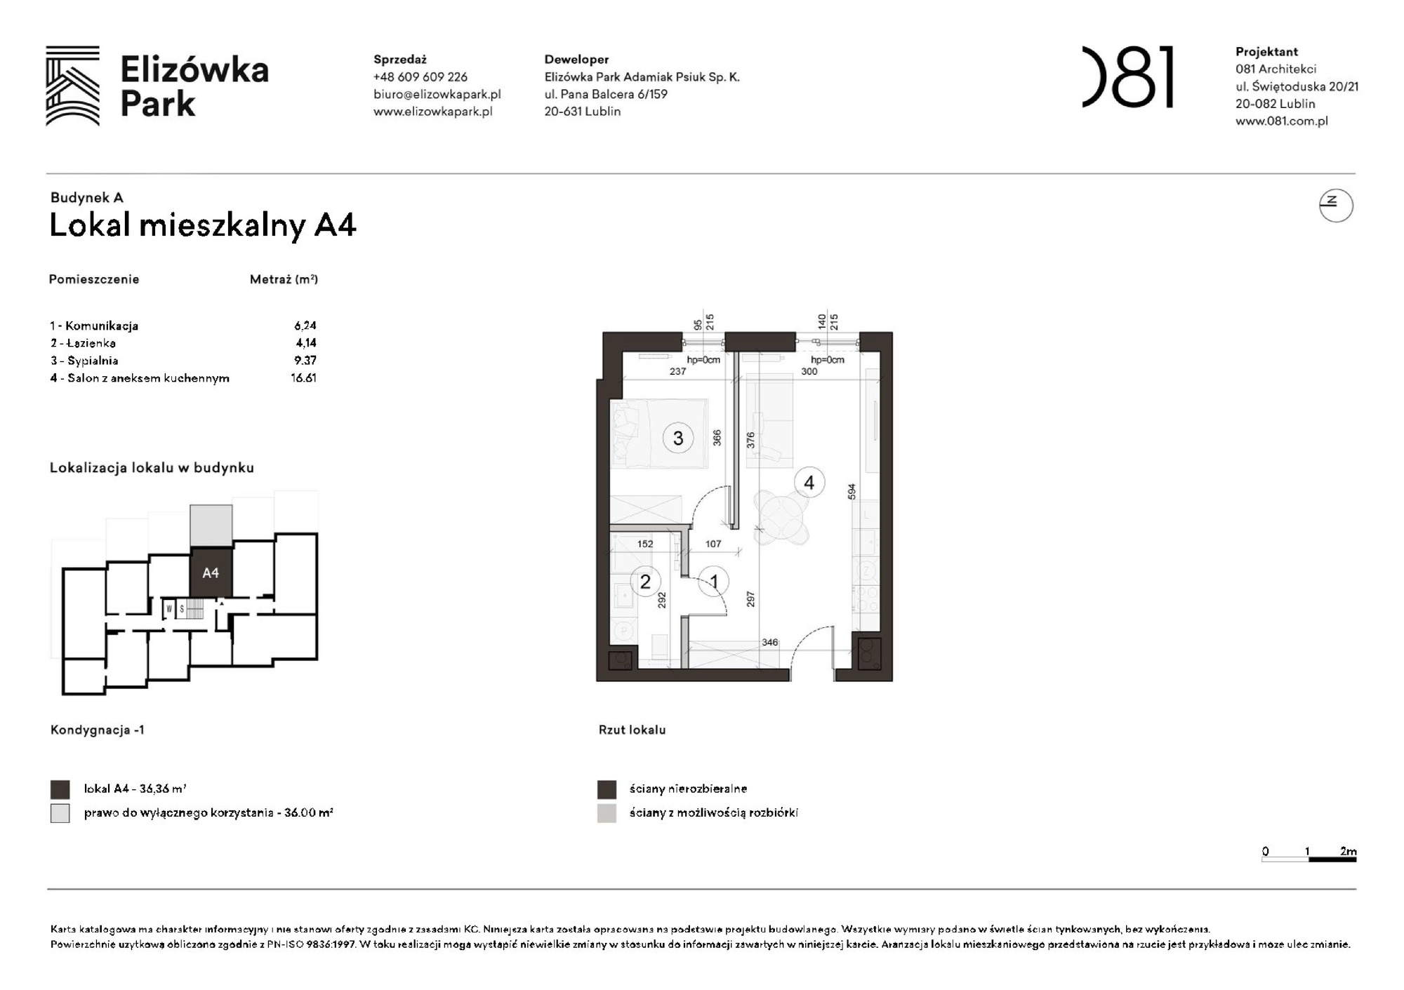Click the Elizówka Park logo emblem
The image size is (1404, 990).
coord(73,86)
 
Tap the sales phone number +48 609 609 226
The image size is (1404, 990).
coord(420,77)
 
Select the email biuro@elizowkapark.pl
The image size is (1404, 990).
coord(437,94)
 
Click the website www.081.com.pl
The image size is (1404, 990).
coord(1281,121)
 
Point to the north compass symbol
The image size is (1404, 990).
coord(1335,206)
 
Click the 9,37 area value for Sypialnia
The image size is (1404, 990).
coord(305,361)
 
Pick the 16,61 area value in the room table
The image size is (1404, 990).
coord(304,378)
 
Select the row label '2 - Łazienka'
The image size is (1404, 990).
coord(83,343)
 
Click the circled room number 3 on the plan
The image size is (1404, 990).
coord(677,439)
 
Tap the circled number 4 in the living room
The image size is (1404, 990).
coord(809,483)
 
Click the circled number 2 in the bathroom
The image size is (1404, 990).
coord(645,582)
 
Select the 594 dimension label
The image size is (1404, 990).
coord(852,491)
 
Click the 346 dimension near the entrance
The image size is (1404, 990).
coord(769,642)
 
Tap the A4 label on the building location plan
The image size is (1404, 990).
coord(211,573)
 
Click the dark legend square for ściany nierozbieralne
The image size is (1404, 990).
coord(607,789)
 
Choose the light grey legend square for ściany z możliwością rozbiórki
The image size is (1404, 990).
coord(607,813)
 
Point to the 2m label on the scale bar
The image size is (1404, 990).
coord(1348,851)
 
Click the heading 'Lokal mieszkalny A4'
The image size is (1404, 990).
coord(203,225)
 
